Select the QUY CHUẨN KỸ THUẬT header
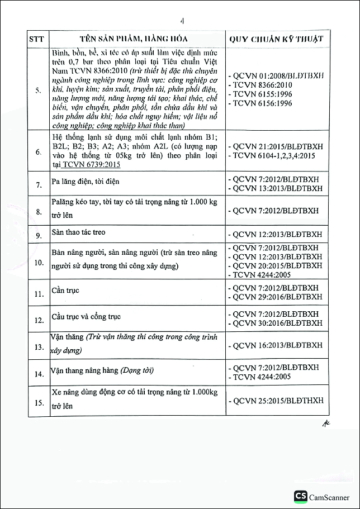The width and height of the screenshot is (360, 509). click(x=276, y=40)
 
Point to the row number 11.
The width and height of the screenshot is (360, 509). click(x=39, y=293)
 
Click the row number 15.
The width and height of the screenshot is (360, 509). click(x=39, y=402)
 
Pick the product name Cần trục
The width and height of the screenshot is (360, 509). click(x=65, y=290)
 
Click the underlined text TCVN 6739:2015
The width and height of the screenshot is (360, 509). click(x=92, y=165)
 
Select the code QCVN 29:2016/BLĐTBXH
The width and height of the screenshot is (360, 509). click(x=277, y=297)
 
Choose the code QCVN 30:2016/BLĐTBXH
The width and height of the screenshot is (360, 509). click(x=277, y=323)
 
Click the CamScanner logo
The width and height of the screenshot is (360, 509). click(x=300, y=497)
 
